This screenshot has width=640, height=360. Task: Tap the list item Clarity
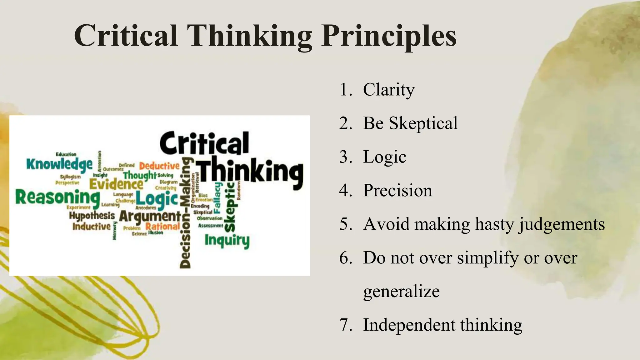click(389, 90)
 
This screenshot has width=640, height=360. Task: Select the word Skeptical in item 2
click(423, 123)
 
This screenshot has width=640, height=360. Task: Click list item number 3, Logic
click(384, 157)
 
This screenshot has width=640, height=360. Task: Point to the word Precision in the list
click(397, 191)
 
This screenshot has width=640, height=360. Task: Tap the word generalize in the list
click(401, 292)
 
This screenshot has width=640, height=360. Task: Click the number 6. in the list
click(346, 258)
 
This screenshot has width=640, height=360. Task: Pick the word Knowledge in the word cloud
click(59, 164)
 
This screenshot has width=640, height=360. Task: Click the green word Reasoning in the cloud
click(57, 197)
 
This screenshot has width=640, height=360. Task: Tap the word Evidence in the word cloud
click(116, 184)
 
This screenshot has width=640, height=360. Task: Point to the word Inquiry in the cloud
click(227, 241)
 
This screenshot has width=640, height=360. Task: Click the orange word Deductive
click(159, 166)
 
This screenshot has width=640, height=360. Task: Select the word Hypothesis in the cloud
click(92, 216)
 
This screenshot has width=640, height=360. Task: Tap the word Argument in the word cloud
click(150, 216)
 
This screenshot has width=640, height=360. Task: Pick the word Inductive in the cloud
click(92, 226)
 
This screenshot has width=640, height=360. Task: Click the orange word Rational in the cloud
click(162, 226)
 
